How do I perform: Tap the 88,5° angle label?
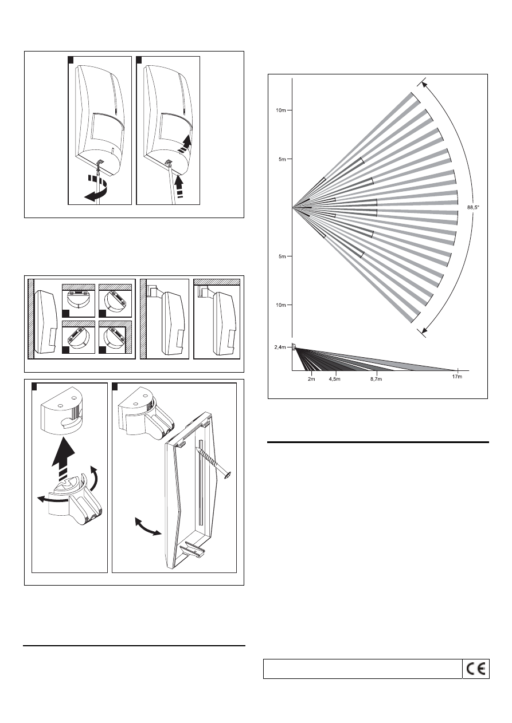[473, 207]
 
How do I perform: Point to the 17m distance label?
[457, 377]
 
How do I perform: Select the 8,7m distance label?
[376, 379]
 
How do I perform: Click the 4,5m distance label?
[334, 379]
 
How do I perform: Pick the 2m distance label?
[311, 379]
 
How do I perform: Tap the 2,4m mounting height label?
[280, 347]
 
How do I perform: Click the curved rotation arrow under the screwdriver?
[95, 191]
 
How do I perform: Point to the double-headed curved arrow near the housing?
[148, 526]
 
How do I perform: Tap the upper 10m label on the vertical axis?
[280, 110]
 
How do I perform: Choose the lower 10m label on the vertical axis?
[280, 305]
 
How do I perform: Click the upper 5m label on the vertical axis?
[282, 159]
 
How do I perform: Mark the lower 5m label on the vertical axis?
[282, 256]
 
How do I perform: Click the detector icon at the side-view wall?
[294, 347]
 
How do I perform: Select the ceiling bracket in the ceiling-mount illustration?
[204, 291]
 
